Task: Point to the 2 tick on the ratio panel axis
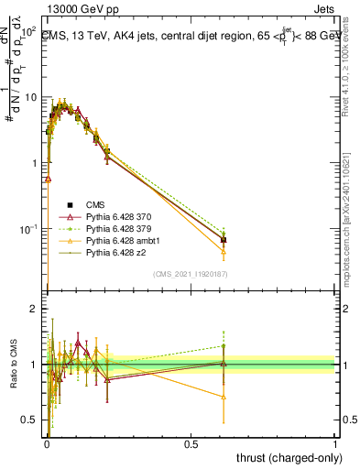pyautogui.click(x=35, y=310)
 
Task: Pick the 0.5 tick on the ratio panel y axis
pyautogui.click(x=30, y=420)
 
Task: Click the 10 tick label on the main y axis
pyautogui.click(x=30, y=97)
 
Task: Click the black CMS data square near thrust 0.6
pyautogui.click(x=224, y=240)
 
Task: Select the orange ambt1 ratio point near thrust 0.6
pyautogui.click(x=224, y=397)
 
